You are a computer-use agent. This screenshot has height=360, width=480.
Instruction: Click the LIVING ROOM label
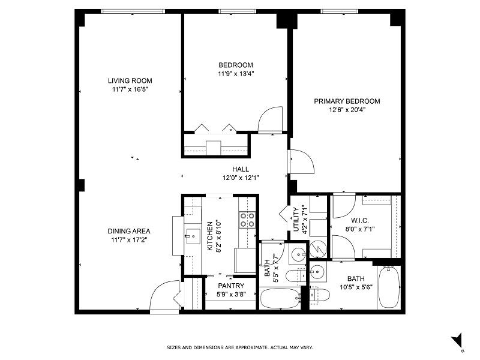point(130,80)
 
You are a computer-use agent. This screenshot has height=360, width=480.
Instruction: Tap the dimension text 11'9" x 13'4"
point(235,74)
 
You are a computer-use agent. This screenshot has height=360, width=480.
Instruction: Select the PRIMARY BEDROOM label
point(347,101)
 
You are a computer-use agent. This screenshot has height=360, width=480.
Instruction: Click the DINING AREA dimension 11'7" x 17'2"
point(129,240)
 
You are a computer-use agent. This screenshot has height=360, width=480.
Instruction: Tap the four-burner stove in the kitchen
point(247,220)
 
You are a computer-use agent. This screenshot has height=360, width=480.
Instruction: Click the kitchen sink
point(193,236)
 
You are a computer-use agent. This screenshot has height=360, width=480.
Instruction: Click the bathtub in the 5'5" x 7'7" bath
point(280,298)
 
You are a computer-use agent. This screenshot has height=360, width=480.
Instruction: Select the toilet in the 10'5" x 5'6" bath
point(320,295)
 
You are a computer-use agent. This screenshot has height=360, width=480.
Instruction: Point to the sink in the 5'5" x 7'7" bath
point(297,255)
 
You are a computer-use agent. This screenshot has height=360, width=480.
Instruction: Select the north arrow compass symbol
point(457,340)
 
